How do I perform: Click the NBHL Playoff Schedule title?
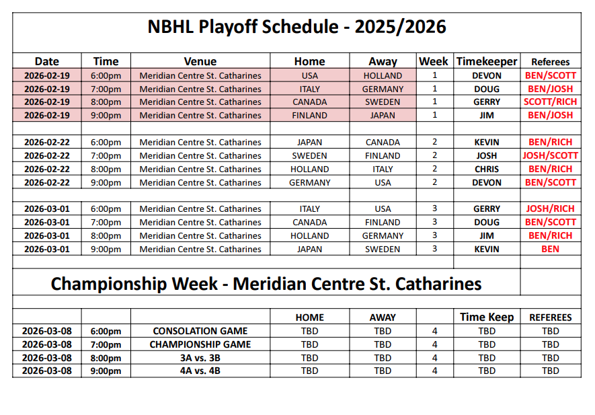pos(296,27)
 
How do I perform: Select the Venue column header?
pos(200,61)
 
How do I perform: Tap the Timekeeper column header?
pos(487,61)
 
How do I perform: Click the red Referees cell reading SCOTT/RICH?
pos(550,102)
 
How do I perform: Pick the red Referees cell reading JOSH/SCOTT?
pos(550,155)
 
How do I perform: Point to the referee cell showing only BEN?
pos(550,249)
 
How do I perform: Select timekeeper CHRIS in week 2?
pos(487,169)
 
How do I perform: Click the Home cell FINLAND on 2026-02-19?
pos(310,116)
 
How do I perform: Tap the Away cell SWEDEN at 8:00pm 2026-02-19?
pos(383,102)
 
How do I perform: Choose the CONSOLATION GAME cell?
pos(200,331)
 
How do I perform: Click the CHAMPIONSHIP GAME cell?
pos(200,344)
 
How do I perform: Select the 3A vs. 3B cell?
pos(200,358)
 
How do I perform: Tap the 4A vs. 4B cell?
pos(200,371)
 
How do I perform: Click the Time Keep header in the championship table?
pos(487,317)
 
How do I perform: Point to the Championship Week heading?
pos(266,284)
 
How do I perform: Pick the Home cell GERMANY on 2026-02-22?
pos(310,183)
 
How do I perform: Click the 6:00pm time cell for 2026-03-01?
pos(106,209)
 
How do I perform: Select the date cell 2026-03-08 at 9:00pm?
pos(47,371)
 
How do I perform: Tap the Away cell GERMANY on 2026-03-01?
pos(383,236)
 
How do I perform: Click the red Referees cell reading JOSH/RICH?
pos(550,209)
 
